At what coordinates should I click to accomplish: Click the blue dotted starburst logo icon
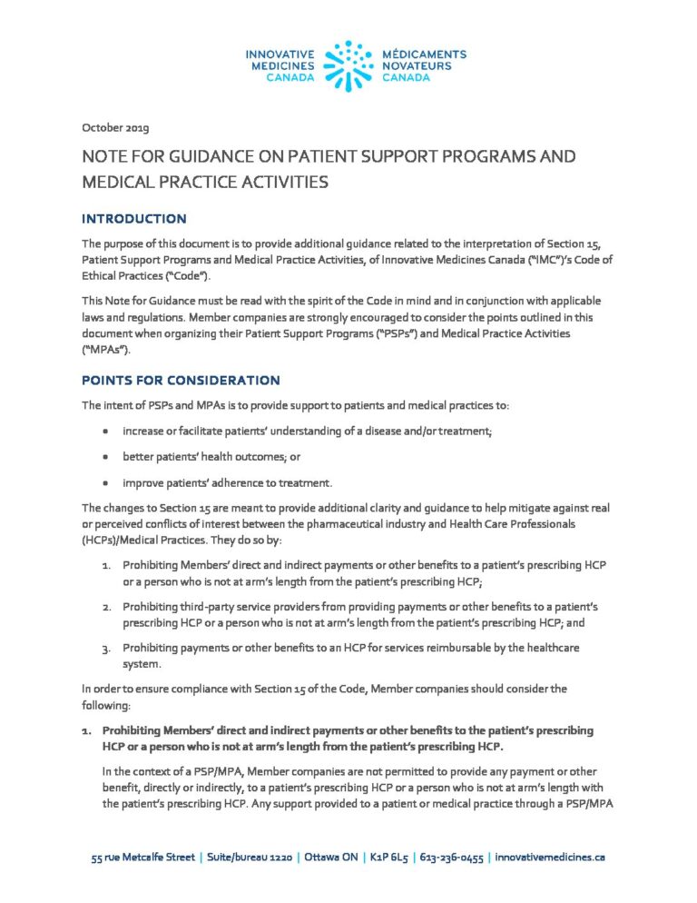(348, 65)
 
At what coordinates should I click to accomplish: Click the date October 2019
(115, 126)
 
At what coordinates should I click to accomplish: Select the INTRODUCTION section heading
(134, 219)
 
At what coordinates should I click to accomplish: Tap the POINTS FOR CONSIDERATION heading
(181, 380)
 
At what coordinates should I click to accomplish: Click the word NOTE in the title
(104, 157)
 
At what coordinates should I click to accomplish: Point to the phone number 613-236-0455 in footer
(451, 857)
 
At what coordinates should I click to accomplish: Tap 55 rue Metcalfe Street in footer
(144, 857)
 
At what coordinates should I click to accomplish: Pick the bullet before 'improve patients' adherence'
(106, 482)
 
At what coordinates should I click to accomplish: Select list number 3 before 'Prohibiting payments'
(105, 647)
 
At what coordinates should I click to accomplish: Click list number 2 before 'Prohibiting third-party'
(105, 606)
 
